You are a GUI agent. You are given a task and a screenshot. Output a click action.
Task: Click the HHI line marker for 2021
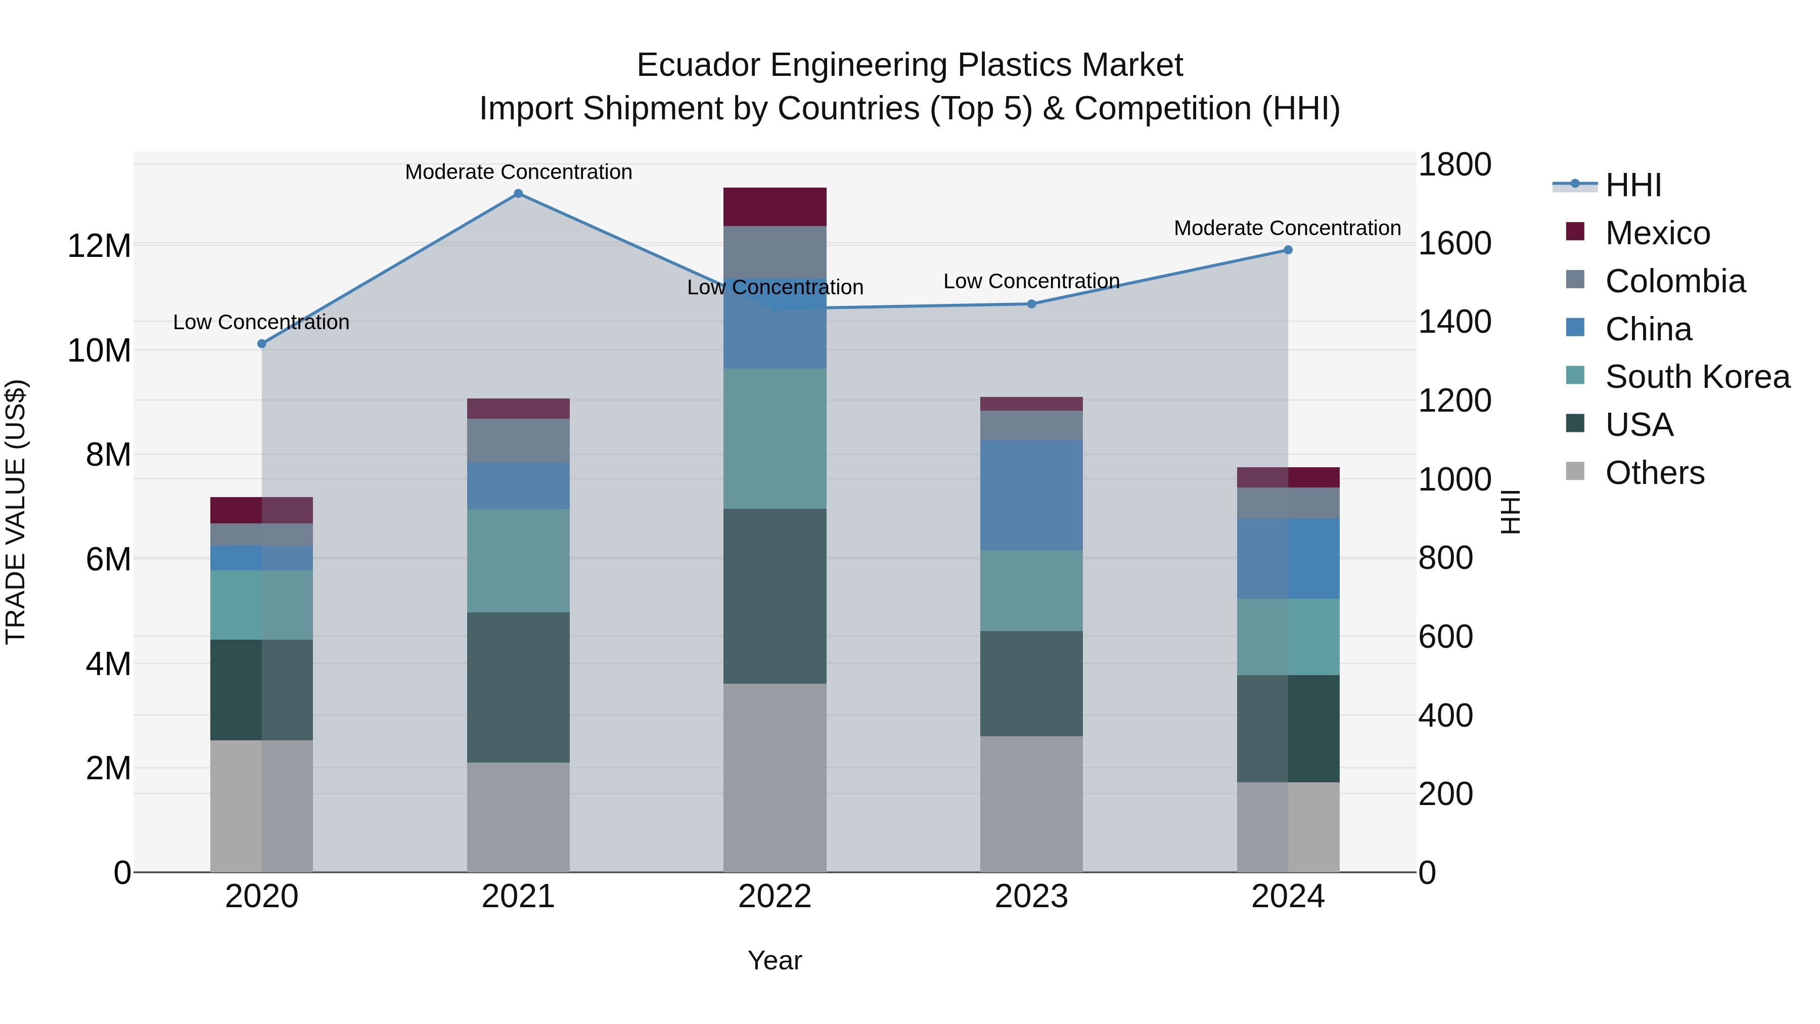tap(518, 194)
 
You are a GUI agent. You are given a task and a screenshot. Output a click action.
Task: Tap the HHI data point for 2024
tap(1287, 250)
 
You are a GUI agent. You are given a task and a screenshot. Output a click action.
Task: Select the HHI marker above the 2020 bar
tap(261, 343)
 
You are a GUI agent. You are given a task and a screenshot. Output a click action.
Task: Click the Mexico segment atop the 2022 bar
tap(775, 206)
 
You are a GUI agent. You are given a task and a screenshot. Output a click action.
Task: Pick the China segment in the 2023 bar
tap(1031, 495)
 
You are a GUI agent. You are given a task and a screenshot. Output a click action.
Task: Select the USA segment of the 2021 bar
tap(518, 687)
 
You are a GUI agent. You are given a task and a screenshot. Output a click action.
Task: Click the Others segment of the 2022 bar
tap(775, 777)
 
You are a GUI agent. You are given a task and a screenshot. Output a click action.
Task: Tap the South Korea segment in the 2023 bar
tap(1031, 591)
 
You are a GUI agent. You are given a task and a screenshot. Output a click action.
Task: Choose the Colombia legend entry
tap(1674, 281)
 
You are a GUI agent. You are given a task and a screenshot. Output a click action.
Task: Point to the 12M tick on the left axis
tap(99, 246)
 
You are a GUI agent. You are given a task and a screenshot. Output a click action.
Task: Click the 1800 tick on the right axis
tap(1454, 165)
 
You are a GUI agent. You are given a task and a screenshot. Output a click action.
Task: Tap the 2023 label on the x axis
tap(1031, 897)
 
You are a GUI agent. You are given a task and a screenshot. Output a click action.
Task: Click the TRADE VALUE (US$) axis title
tap(16, 512)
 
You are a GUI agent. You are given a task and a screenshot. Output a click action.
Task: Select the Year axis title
tap(775, 960)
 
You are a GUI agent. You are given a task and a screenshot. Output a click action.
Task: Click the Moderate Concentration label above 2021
tap(518, 172)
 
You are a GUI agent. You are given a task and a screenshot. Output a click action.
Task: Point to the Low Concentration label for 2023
tap(1031, 281)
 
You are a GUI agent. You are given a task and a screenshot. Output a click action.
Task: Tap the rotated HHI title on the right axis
tap(1509, 512)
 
